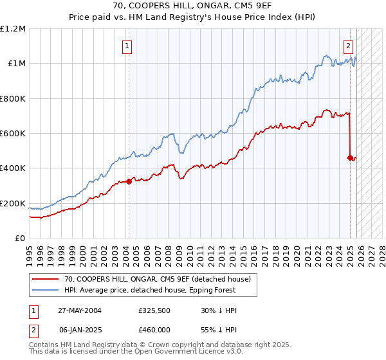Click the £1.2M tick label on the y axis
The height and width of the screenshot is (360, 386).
point(13,28)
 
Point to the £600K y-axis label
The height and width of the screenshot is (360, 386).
point(12,134)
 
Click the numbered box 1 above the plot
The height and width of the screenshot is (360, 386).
point(128,46)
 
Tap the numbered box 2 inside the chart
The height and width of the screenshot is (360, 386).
point(348,46)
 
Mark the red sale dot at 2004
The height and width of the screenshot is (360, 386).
point(129,181)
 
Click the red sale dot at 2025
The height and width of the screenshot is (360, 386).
point(350,157)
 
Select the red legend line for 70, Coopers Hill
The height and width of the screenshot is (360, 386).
point(46,278)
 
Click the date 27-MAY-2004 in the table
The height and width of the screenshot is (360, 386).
point(78,310)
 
